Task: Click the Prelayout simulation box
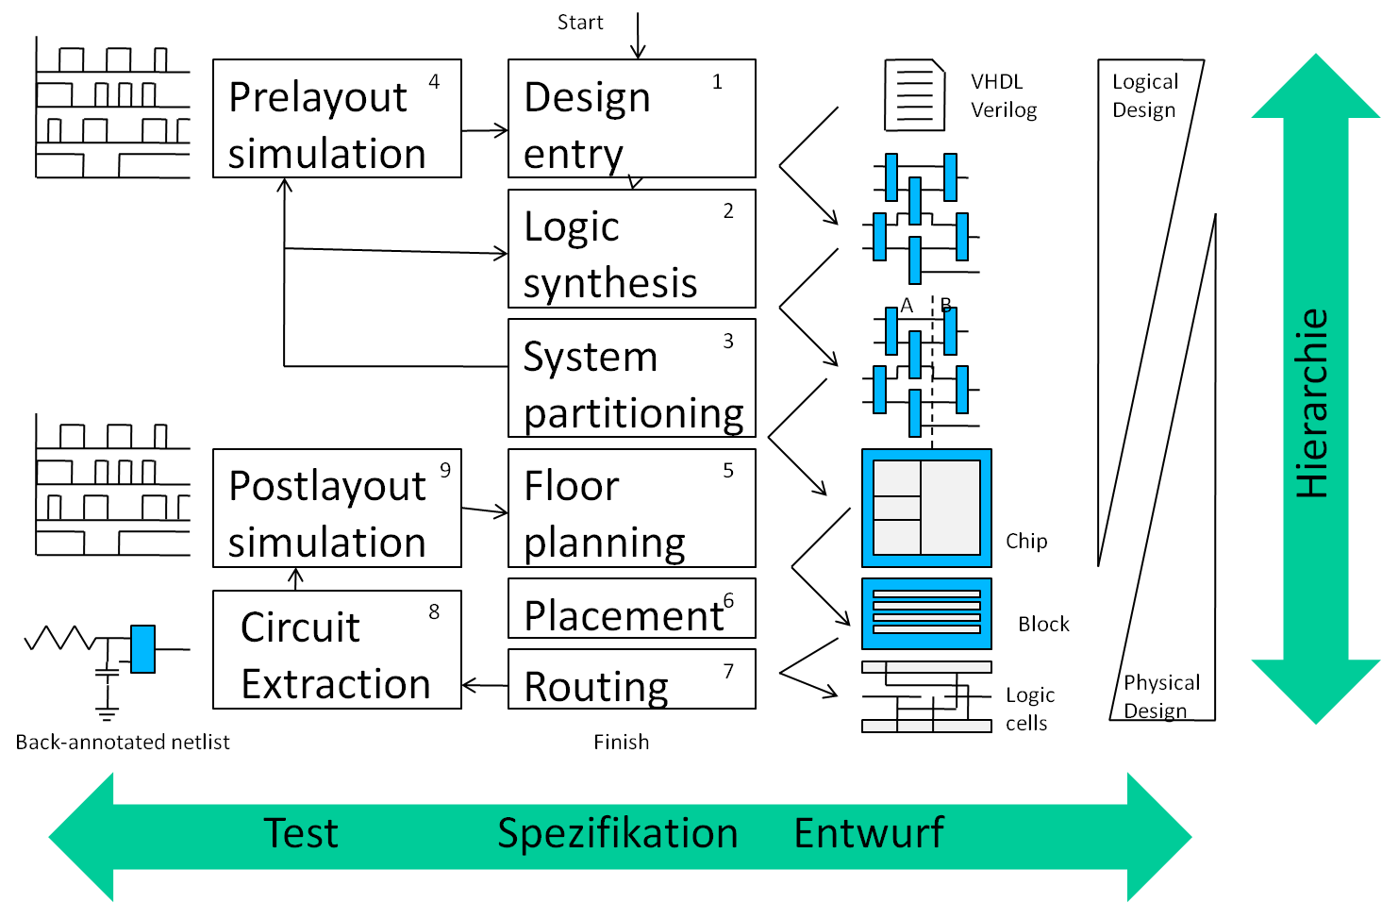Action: tap(337, 119)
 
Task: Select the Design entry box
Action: tap(631, 119)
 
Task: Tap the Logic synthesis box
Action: tap(631, 249)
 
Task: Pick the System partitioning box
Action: tap(631, 378)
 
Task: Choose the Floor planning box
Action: tap(631, 508)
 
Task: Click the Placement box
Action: tap(631, 609)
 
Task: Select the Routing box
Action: tap(631, 679)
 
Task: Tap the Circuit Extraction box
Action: tap(337, 650)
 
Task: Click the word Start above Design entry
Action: tap(580, 23)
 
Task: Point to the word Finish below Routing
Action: tap(621, 743)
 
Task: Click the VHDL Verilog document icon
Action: tap(914, 95)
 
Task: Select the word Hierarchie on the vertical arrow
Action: tap(1312, 403)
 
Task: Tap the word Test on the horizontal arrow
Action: tap(300, 833)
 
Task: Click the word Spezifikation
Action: tap(617, 833)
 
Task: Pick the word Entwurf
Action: tap(868, 833)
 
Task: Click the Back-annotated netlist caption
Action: tap(123, 743)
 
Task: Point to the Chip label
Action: tap(1026, 542)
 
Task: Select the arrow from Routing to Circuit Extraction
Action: tap(485, 686)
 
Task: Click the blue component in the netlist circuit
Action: tap(142, 649)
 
